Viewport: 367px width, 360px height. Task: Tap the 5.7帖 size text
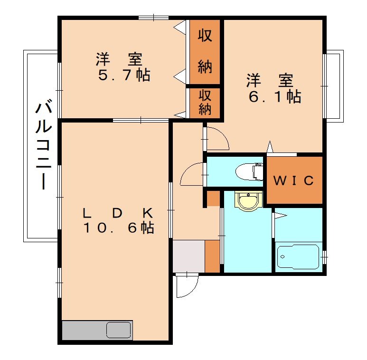coord(124,75)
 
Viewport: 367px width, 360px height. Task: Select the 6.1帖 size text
coord(274,97)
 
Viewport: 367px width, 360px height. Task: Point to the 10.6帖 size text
coord(119,227)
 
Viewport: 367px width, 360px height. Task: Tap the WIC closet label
coord(294,180)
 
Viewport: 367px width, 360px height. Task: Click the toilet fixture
coord(251,171)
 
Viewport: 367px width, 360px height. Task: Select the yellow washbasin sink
coord(249,200)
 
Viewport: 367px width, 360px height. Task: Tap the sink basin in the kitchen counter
coord(118,330)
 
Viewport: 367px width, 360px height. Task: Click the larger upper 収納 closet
coord(205,52)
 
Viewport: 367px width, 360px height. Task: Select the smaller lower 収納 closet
coord(205,102)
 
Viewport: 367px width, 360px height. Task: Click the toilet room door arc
coord(192,173)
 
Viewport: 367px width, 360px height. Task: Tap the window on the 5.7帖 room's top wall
coord(154,18)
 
